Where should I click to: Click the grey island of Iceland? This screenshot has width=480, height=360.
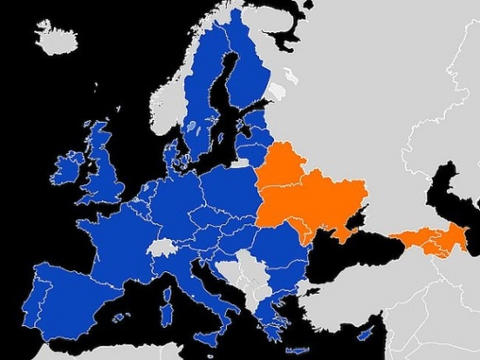coord(57,37)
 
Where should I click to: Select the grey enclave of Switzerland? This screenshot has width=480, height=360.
coord(162,247)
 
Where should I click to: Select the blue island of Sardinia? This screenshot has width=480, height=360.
coord(166,298)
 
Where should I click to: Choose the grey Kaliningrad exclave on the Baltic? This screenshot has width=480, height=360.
coord(239,163)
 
